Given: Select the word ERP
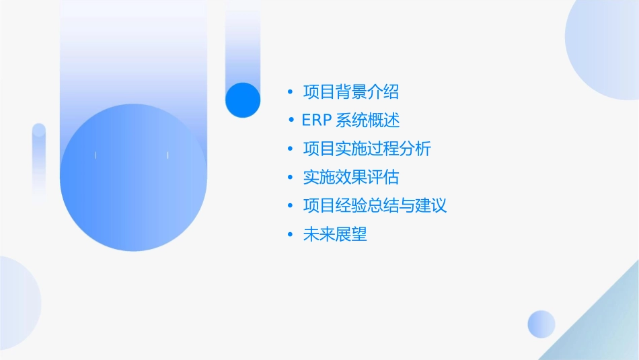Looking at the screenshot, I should point(317,120).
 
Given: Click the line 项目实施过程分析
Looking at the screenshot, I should point(367,149).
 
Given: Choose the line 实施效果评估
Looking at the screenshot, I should point(351,177).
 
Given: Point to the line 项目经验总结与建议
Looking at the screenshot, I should point(375,205).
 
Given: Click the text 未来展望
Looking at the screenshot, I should point(335,234).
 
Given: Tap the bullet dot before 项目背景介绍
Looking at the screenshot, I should point(290,92).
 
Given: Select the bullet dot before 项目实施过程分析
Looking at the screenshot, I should point(290,149).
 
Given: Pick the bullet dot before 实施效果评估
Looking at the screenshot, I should point(290,178).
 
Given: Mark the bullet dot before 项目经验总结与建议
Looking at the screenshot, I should point(290,206).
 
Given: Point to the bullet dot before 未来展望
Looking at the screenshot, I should point(290,235).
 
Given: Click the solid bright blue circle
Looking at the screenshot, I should point(242,100).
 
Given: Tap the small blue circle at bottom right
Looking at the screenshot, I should point(541,324).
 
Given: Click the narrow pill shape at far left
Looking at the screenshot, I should point(39,161).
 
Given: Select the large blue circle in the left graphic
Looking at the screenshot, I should point(133,178).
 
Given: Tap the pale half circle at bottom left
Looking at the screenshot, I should point(17,303).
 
